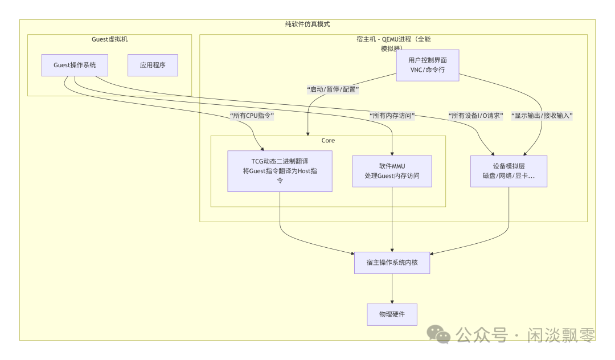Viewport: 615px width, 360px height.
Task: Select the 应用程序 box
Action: pos(153,65)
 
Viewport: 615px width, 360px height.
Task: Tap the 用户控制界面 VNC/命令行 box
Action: pos(427,65)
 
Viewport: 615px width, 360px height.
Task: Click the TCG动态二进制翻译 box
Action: pos(280,171)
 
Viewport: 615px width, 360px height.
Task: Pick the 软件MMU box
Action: pos(392,171)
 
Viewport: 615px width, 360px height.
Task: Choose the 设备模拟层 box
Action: pos(509,171)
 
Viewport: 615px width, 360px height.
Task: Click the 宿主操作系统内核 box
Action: pos(392,263)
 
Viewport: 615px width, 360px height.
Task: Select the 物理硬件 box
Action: pos(392,314)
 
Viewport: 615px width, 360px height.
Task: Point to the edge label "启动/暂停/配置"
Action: pos(333,89)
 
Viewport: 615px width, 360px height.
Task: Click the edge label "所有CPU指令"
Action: pos(252,116)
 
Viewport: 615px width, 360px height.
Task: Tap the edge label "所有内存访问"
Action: pos(392,116)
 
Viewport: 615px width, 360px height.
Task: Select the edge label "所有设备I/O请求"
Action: pos(476,116)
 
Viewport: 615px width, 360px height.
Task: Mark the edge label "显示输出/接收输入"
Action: pos(542,116)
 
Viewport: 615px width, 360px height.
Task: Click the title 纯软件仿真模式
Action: pos(307,24)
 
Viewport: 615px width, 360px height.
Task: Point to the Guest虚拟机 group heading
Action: pos(110,39)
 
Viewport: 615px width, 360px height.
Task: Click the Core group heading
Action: pos(328,140)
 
